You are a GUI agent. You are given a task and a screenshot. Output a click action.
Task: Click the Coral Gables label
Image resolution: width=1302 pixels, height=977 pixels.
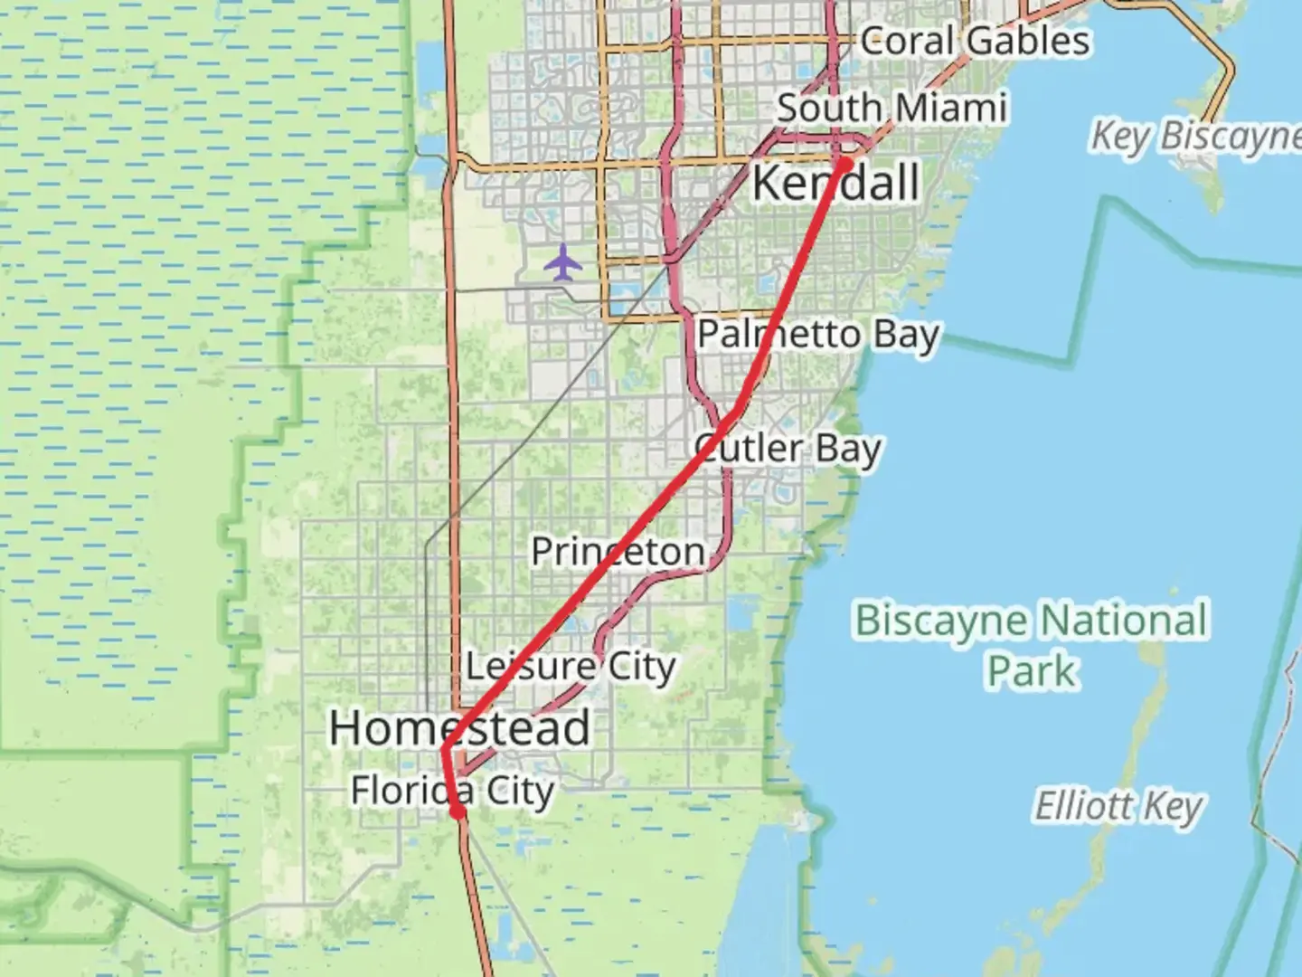(975, 42)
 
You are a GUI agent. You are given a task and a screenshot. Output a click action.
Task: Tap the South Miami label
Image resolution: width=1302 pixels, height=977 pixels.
(892, 108)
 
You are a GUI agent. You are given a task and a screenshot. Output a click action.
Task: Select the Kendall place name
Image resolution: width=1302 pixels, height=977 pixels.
(835, 183)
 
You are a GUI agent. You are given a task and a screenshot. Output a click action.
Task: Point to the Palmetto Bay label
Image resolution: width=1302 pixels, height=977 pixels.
(818, 335)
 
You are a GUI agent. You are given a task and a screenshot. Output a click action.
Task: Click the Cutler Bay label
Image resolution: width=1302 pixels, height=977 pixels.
(788, 448)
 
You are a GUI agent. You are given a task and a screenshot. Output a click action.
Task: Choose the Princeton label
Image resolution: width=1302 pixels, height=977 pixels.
(618, 552)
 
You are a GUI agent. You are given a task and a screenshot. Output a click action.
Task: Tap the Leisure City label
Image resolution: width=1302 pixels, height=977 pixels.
(571, 668)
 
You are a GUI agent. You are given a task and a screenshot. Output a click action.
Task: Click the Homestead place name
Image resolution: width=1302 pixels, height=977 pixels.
(459, 728)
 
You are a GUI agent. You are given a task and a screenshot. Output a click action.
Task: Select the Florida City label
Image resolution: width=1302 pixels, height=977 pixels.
(452, 791)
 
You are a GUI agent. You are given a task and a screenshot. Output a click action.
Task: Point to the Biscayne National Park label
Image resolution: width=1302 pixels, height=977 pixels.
(1032, 645)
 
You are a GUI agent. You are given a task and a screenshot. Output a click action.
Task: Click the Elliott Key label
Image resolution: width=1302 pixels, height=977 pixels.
(1118, 805)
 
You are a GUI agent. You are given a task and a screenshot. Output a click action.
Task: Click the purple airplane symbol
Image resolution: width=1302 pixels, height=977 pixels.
(563, 262)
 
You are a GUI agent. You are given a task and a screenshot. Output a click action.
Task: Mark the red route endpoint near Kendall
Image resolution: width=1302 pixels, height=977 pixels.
(844, 164)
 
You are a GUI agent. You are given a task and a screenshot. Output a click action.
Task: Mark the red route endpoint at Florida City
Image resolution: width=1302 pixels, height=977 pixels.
(458, 812)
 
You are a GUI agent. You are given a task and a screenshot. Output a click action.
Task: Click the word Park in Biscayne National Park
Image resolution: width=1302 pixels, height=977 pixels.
(1032, 671)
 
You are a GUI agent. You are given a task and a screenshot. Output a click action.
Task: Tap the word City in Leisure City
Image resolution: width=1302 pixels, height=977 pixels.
(641, 668)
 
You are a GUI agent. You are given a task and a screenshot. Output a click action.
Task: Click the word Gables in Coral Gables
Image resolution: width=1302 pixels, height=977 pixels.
(1027, 42)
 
